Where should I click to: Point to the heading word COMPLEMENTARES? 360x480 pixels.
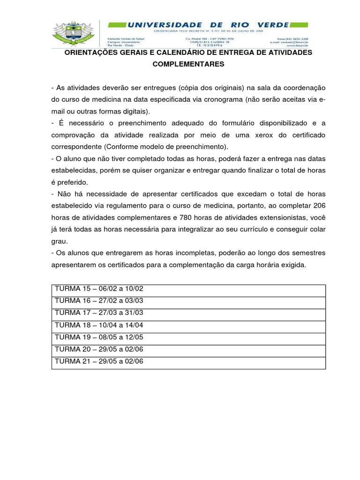pos(188,65)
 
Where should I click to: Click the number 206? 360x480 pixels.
pos(319,206)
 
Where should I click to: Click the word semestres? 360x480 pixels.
pos(307,253)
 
